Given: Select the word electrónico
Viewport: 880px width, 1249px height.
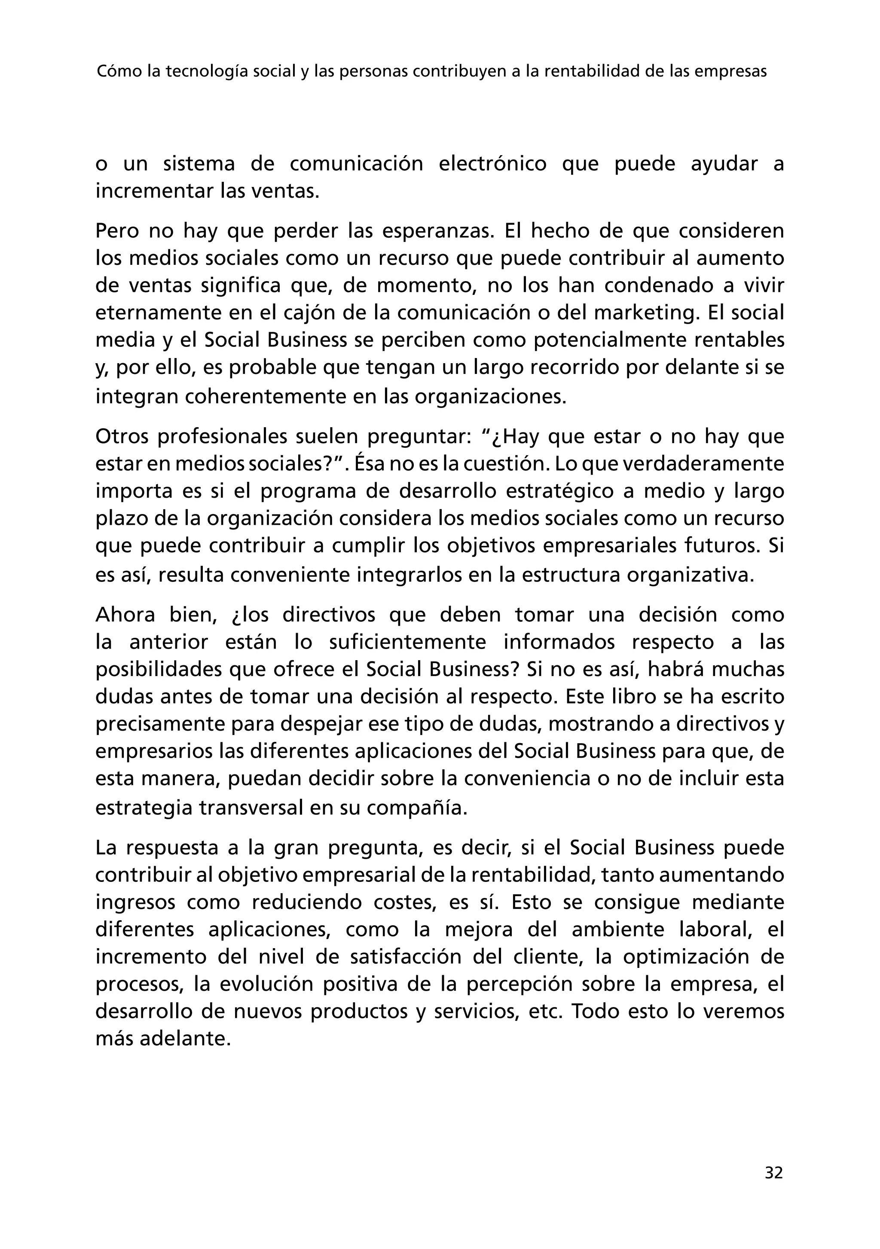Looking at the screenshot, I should click(x=492, y=164).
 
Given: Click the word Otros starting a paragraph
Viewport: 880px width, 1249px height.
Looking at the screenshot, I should click(x=122, y=436).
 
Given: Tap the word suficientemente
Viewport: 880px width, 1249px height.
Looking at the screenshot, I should click(x=408, y=642).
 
